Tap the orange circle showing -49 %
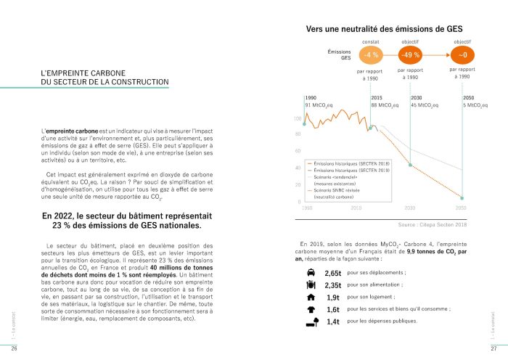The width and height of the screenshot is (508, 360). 410,55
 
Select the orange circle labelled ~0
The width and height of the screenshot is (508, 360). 462,55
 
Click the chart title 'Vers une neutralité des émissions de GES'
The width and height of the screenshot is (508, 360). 385,29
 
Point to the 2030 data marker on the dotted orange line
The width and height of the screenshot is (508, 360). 411,165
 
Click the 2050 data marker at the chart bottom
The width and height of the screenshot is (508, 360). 462,197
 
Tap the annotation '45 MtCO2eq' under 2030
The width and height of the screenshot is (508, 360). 424,105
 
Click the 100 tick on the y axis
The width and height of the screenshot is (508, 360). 298,118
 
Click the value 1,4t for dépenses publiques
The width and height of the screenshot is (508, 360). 333,322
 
